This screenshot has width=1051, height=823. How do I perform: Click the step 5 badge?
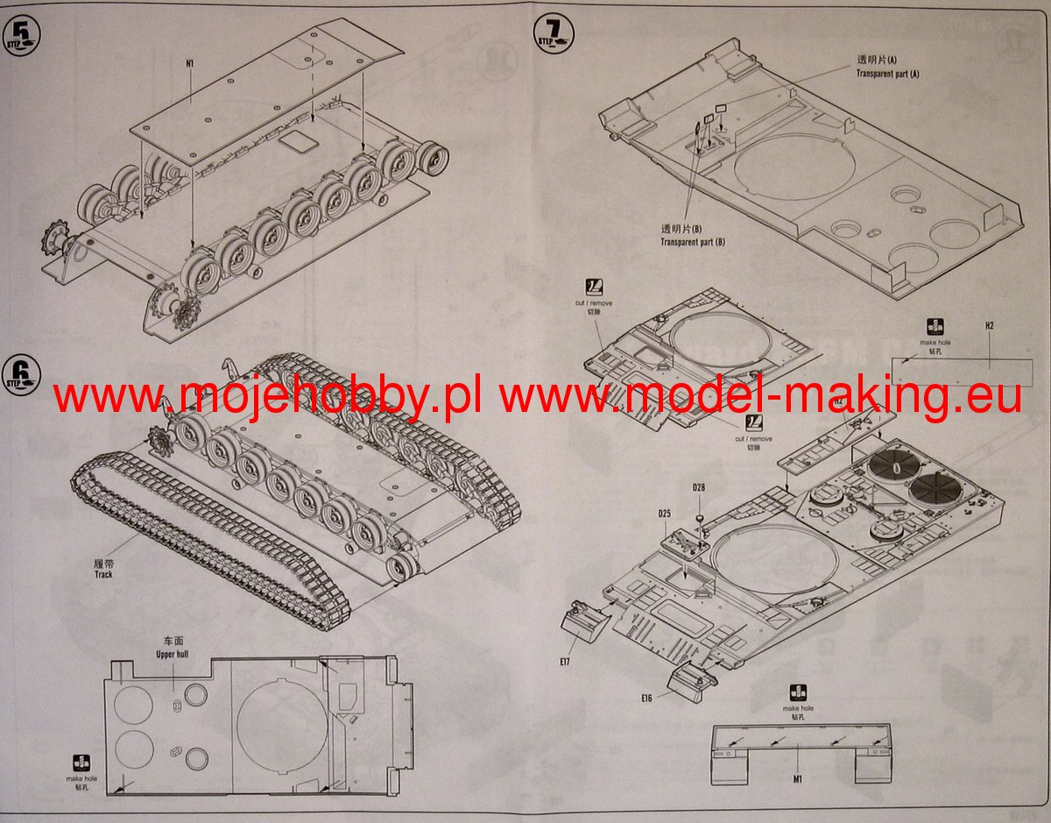[21, 36]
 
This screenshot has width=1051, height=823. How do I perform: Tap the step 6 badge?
[21, 376]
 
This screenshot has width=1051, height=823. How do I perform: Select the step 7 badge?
[553, 33]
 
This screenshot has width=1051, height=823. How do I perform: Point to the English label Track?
[105, 575]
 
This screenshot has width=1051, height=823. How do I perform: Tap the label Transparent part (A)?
[887, 74]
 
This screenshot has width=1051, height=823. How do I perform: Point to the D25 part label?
[664, 514]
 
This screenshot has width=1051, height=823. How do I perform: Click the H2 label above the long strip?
[989, 326]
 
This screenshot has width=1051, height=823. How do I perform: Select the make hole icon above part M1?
[798, 692]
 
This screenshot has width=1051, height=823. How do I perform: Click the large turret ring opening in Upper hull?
[279, 720]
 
